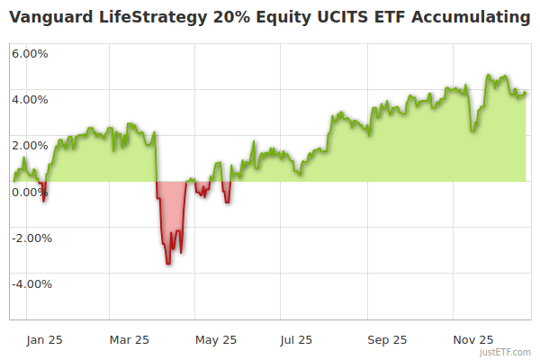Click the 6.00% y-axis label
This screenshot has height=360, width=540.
pos(30,53)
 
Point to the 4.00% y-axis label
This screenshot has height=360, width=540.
pos(30,99)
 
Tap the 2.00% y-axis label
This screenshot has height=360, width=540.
pos(30,145)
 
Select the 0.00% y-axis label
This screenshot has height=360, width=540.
pos(30,192)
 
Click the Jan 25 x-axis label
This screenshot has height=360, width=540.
pos(44,340)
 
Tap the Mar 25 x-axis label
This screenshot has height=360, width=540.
pos(129,340)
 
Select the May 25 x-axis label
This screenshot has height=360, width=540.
pos(216,340)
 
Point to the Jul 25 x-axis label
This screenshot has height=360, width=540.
pos(296,340)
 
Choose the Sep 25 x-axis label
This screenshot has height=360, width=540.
pos(388,340)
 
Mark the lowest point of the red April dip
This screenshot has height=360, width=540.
pos(167,263)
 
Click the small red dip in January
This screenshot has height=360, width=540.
pos(43,193)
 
